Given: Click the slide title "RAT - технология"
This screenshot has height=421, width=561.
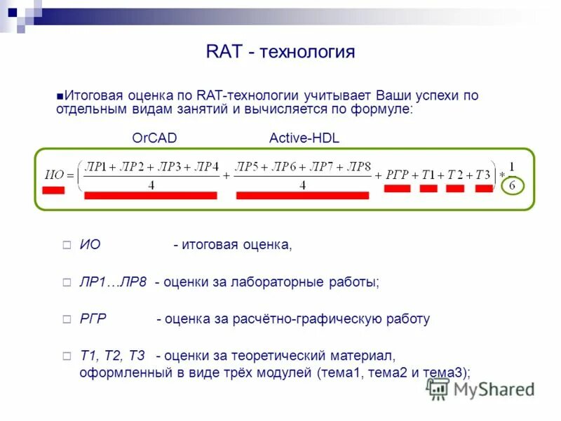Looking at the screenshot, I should pyautogui.click(x=280, y=52).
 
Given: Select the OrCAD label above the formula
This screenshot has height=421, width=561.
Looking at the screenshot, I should pyautogui.click(x=154, y=138).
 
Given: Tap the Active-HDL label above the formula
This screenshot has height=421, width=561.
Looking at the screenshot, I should pyautogui.click(x=304, y=138).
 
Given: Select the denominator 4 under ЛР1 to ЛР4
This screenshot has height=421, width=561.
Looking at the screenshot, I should pyautogui.click(x=151, y=186).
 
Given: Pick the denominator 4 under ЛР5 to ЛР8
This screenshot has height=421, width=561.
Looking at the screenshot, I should pyautogui.click(x=302, y=186).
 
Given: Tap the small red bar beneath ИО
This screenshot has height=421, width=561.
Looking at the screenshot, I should pyautogui.click(x=53, y=190).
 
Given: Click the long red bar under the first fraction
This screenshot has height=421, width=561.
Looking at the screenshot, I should pyautogui.click(x=151, y=196).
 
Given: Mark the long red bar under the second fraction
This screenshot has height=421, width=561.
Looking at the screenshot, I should pyautogui.click(x=302, y=196).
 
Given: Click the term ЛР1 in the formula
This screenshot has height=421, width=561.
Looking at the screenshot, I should pyautogui.click(x=97, y=166).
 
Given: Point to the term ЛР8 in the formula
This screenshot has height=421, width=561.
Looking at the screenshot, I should pyautogui.click(x=358, y=166).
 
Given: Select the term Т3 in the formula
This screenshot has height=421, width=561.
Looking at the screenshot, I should pyautogui.click(x=482, y=175).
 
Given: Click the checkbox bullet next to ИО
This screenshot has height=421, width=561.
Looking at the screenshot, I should pyautogui.click(x=67, y=246).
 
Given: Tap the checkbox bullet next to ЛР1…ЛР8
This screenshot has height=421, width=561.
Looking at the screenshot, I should pyautogui.click(x=67, y=283).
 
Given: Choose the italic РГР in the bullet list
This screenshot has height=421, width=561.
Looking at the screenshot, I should pyautogui.click(x=93, y=319).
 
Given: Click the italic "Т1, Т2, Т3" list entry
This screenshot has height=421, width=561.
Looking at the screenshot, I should pyautogui.click(x=112, y=356).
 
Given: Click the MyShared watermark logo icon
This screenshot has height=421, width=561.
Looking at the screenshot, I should pyautogui.click(x=438, y=388).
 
